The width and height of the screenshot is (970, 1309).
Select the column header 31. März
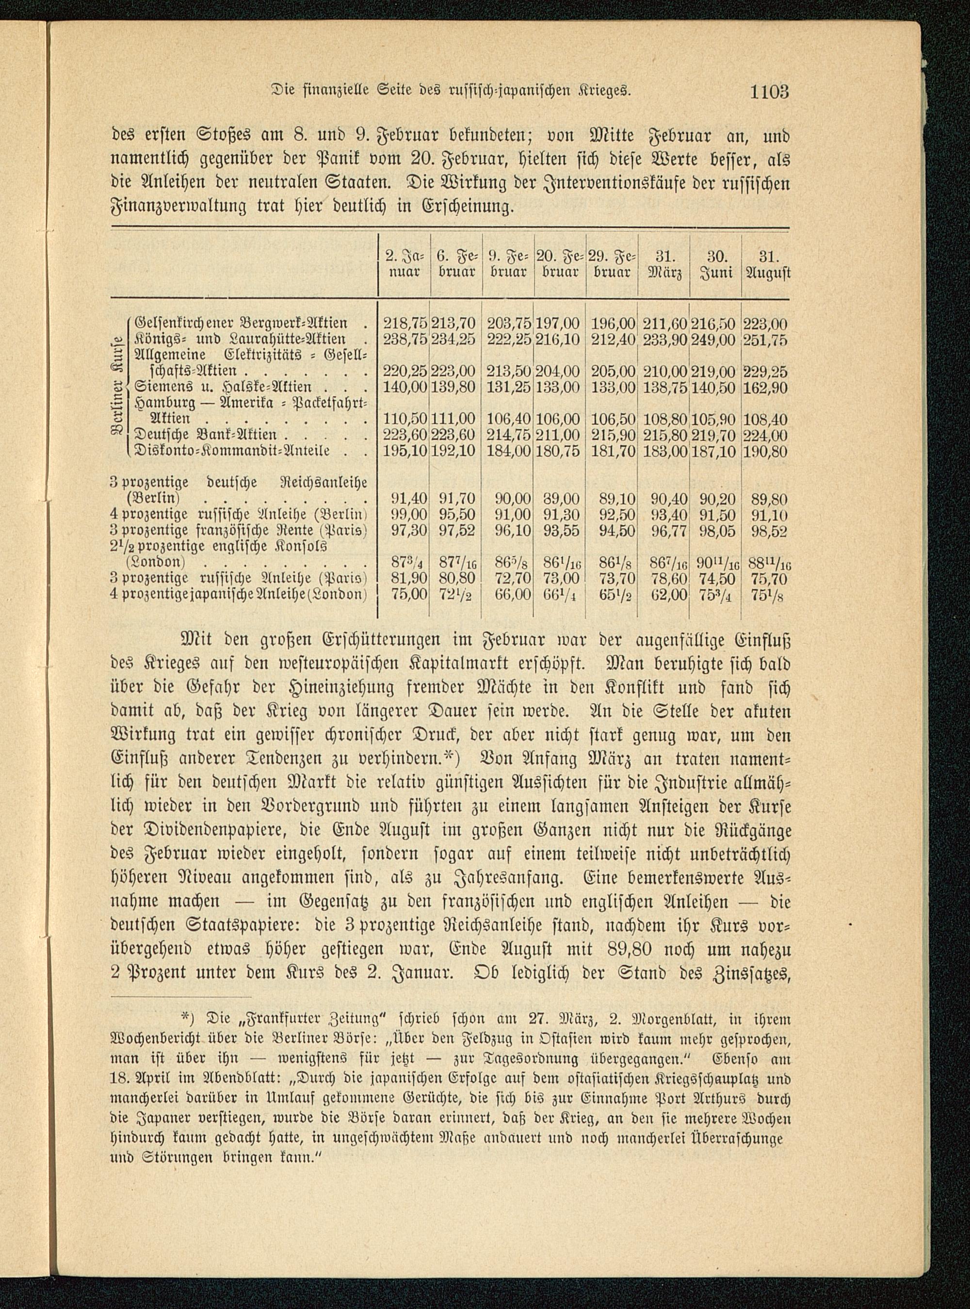click(663, 265)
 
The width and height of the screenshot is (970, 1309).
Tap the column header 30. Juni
click(715, 265)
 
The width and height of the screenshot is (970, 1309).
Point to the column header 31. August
click(767, 265)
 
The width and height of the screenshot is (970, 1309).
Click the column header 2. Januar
click(404, 265)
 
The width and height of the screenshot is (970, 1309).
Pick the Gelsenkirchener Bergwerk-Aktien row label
click(242, 323)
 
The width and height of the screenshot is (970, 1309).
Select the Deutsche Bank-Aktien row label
click(206, 435)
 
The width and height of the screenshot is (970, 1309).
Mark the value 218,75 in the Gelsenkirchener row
click(404, 323)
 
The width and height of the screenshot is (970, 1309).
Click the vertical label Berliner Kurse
click(117, 388)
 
